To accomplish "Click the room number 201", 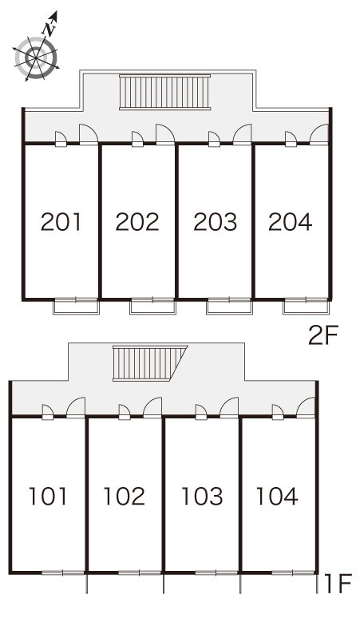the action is pos(61,221).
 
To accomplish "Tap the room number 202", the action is pos(137,221).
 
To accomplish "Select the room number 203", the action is pos(216,221).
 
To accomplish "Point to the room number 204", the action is pos(291,221).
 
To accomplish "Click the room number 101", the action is pos(48,496).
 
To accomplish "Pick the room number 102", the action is pos(125,496).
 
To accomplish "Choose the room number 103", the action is pos(202,496).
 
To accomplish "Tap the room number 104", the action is pos(277,496).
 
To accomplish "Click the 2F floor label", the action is pos(323,336).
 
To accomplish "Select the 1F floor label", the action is pos(338,584).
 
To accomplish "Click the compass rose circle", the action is pos(36,58).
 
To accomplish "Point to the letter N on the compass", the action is pos(48,29).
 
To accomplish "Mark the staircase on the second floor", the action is pos(164,92).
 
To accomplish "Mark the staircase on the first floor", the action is pos(150,363).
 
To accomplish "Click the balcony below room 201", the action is pos(76,307).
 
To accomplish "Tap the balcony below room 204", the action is pos(306,307).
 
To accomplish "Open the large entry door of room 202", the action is pos(165,134).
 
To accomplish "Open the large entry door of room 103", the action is pos(229,407).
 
